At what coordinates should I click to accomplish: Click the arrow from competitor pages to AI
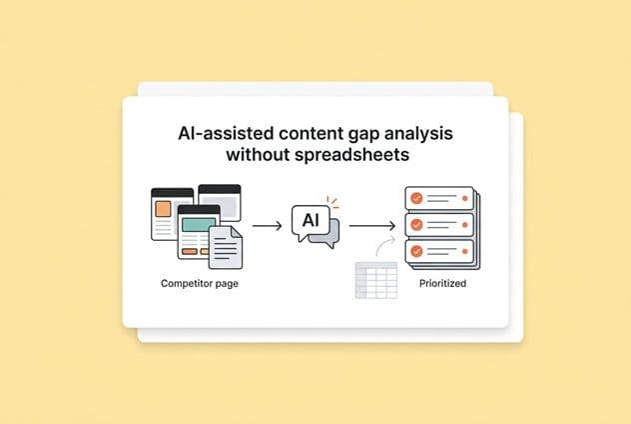267,226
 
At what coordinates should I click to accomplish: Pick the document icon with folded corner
225,246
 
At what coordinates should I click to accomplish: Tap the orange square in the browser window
163,209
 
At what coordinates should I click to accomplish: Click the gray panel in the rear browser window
222,205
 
